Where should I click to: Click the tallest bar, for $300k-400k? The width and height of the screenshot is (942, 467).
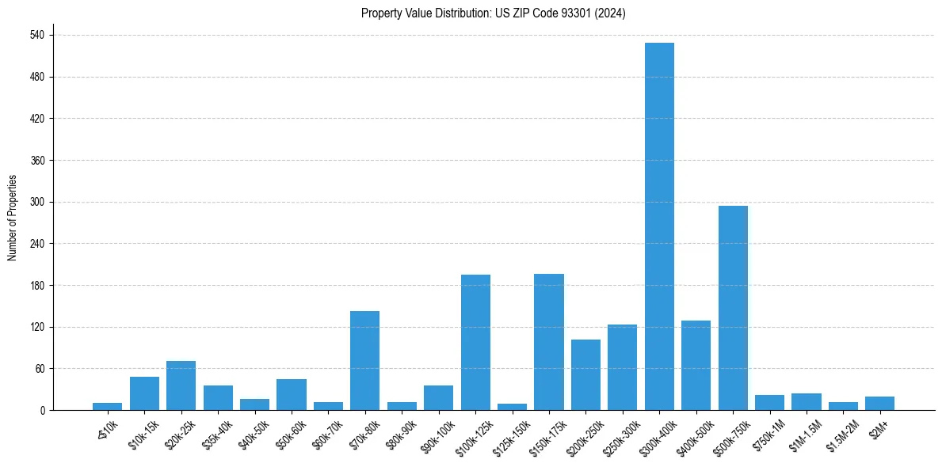click(x=659, y=226)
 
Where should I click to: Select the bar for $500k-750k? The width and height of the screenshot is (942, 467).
click(x=733, y=308)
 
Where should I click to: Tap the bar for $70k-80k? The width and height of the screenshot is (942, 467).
click(x=364, y=360)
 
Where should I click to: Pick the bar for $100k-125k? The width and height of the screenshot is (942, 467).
click(x=475, y=342)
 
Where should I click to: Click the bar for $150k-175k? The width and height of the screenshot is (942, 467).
click(x=549, y=342)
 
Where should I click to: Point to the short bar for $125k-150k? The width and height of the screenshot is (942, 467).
click(x=512, y=407)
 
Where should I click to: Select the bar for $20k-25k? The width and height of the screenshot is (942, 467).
click(x=181, y=385)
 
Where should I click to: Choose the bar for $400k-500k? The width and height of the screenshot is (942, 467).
click(x=696, y=365)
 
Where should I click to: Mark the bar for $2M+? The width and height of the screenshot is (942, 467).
click(x=879, y=403)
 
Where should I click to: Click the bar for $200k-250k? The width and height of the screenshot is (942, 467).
click(x=585, y=374)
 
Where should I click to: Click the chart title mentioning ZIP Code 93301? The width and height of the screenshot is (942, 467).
click(x=493, y=13)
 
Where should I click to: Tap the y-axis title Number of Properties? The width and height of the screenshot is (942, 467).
click(x=13, y=218)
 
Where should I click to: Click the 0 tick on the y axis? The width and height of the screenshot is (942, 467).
click(x=44, y=410)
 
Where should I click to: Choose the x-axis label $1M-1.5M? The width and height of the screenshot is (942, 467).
click(x=803, y=434)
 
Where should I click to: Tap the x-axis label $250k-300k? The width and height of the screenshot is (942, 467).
click(x=619, y=436)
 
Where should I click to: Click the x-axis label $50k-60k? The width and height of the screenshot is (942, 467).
click(x=290, y=434)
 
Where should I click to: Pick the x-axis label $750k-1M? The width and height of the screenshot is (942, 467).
click(x=768, y=434)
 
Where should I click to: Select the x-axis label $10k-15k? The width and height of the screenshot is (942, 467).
click(x=143, y=434)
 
